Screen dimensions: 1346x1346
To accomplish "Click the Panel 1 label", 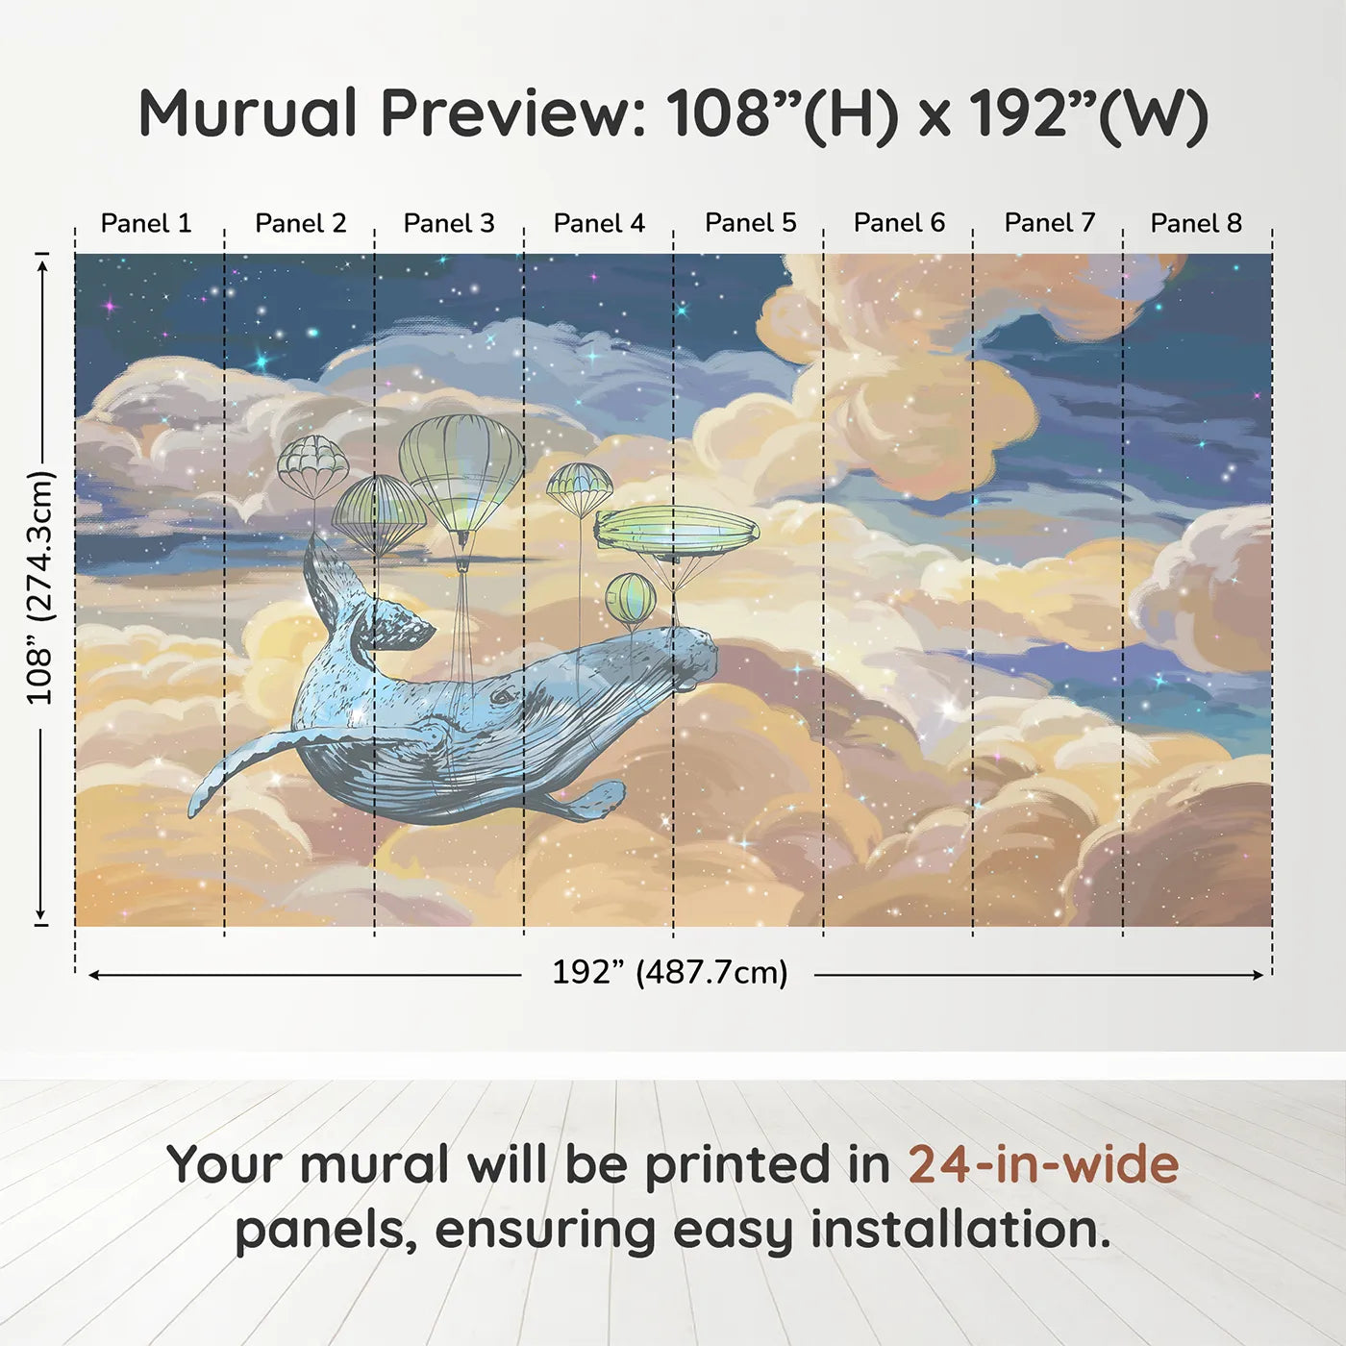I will (146, 223).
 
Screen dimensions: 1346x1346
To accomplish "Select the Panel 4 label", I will (599, 223).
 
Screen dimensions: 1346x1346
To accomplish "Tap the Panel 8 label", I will (1196, 223).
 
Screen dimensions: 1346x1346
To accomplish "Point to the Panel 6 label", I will (899, 223).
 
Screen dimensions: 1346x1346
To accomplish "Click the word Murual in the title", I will (248, 113).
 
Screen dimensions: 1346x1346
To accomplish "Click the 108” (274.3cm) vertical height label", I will (40, 587).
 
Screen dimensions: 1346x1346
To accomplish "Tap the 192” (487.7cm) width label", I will (669, 972).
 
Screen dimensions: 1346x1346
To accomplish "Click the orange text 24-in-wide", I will (1043, 1164).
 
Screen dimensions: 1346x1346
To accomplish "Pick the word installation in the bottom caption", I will (959, 1230).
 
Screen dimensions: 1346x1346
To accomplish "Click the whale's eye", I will (502, 696).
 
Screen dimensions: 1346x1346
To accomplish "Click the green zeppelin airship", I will (676, 530).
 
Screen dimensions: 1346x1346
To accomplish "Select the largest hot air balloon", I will (461, 471).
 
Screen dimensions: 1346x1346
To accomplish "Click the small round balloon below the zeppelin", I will (631, 598).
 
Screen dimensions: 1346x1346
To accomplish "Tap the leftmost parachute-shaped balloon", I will (312, 464).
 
